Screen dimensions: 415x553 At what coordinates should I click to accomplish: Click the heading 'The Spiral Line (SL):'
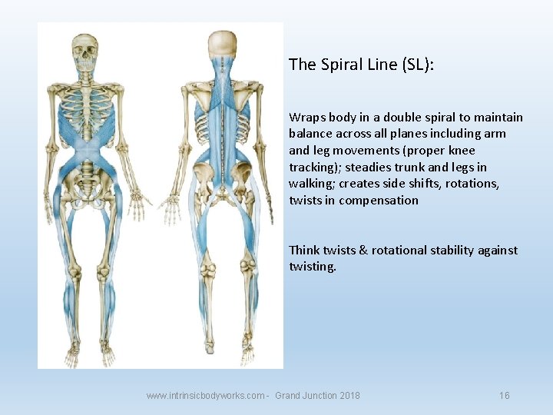click(x=361, y=65)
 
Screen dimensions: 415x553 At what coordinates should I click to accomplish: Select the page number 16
click(x=504, y=396)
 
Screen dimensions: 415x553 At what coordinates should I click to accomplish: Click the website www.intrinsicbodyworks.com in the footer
click(x=207, y=396)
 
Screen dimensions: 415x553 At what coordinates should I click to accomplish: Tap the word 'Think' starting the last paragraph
click(x=305, y=251)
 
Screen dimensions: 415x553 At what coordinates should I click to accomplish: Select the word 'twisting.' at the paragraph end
click(x=313, y=267)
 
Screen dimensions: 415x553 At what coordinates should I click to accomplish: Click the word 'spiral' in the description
click(x=435, y=118)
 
